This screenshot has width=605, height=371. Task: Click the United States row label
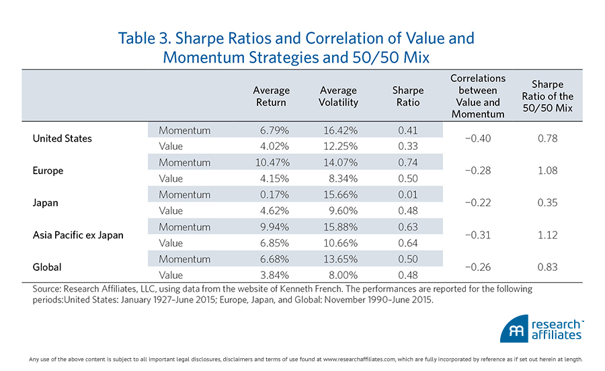coord(62,138)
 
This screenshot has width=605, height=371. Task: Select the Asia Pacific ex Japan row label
coord(77,235)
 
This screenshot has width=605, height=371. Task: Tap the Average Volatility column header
coord(338,96)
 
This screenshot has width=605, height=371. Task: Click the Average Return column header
coord(271,96)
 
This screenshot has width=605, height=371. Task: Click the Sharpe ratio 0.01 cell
coord(407,195)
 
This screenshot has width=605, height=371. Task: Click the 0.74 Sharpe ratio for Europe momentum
coord(407,163)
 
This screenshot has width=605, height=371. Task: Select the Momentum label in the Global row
coord(184,259)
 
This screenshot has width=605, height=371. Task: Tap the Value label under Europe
coord(171,179)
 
